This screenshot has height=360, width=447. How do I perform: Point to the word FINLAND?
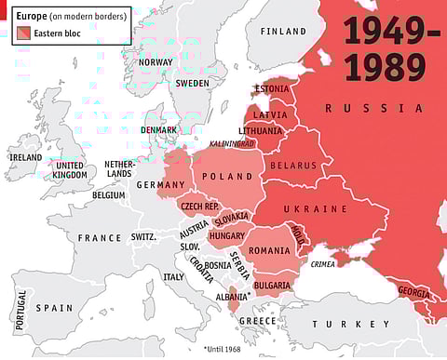click(283, 31)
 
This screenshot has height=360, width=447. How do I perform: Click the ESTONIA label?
click(272, 89)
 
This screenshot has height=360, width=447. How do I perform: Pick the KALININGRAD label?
click(232, 143)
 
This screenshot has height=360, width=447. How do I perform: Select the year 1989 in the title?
click(386, 68)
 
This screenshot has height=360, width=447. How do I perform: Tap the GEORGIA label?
click(413, 291)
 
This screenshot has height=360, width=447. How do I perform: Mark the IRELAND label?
click(25, 157)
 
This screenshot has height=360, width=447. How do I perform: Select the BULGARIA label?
click(272, 285)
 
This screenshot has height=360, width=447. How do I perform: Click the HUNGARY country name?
click(226, 236)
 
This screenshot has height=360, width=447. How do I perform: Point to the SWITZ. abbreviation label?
click(143, 237)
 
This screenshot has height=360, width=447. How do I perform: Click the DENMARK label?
click(159, 129)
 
